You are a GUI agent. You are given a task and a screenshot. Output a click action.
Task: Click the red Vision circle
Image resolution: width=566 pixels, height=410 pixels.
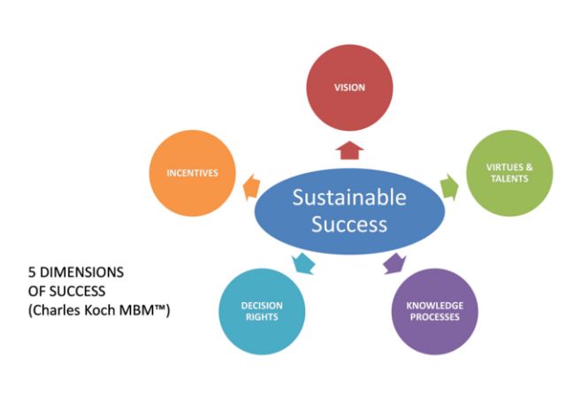pos(349,87)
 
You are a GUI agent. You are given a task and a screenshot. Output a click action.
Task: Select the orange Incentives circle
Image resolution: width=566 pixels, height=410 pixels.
pos(193,172)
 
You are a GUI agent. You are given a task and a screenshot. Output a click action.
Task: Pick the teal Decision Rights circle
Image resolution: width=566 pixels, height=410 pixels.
pos(263,311)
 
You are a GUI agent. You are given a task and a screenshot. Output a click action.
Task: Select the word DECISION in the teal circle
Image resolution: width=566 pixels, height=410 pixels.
pos(263,306)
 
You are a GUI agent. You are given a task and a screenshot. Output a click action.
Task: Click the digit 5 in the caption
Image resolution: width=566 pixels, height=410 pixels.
pos(20,271)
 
